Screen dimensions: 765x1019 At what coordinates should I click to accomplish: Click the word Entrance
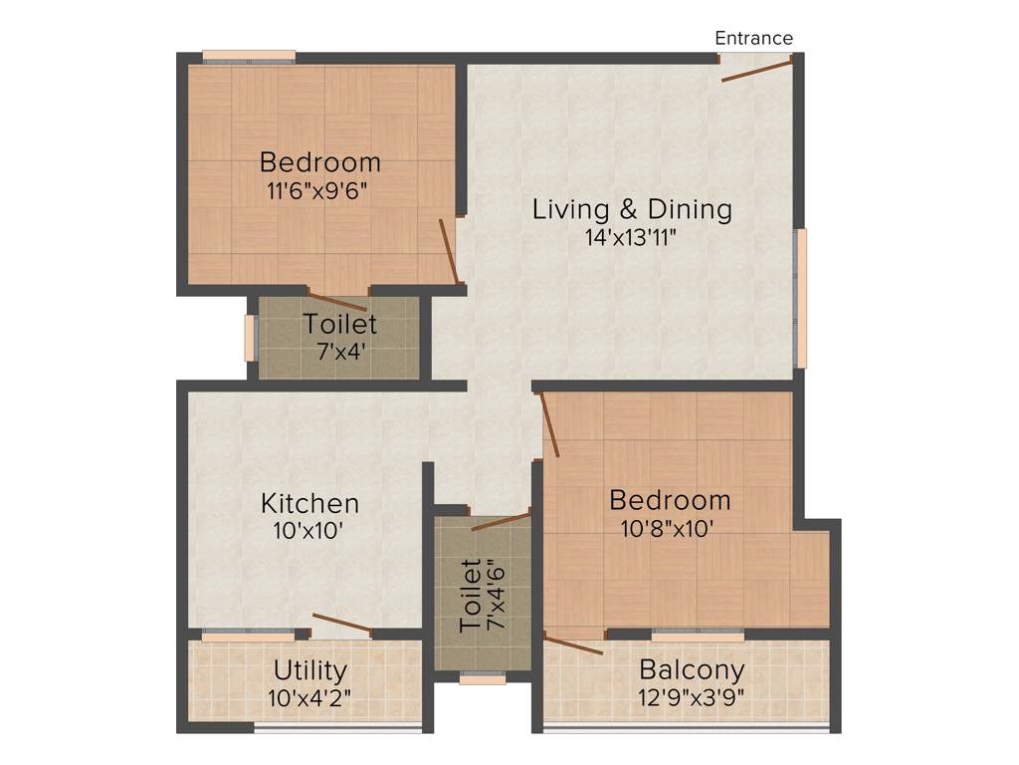pyautogui.click(x=754, y=39)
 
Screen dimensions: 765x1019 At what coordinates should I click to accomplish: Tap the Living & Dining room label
pyautogui.click(x=632, y=210)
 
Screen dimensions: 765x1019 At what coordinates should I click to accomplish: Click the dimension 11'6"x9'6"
pyautogui.click(x=318, y=191)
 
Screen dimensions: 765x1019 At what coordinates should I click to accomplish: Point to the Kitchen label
pyautogui.click(x=309, y=503)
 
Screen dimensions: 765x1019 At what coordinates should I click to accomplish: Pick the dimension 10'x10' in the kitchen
pyautogui.click(x=308, y=531)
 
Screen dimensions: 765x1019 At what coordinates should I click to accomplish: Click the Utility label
pyautogui.click(x=310, y=670)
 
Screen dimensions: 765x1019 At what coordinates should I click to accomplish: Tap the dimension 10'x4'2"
pyautogui.click(x=308, y=698)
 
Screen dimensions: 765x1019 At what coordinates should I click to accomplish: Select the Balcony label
pyautogui.click(x=692, y=669)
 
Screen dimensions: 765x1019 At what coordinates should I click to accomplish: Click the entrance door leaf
pyautogui.click(x=757, y=69)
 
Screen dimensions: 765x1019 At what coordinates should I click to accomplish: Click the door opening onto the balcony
pyautogui.click(x=574, y=643)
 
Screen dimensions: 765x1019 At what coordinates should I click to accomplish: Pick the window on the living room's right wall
pyautogui.click(x=800, y=298)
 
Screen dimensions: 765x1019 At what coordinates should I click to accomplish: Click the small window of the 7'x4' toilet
pyautogui.click(x=250, y=338)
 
